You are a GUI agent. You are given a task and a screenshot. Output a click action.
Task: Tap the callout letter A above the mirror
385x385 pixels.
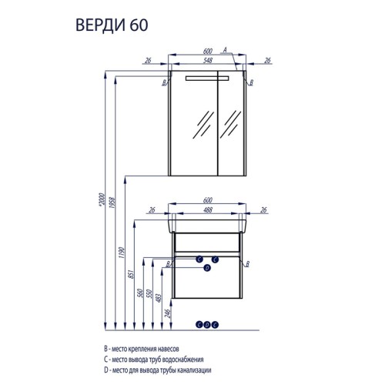pos(223,49)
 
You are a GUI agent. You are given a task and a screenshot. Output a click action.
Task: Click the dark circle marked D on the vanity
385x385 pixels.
pos(206,269)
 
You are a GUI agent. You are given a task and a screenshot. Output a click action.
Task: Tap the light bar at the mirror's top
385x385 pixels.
pos(206,79)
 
